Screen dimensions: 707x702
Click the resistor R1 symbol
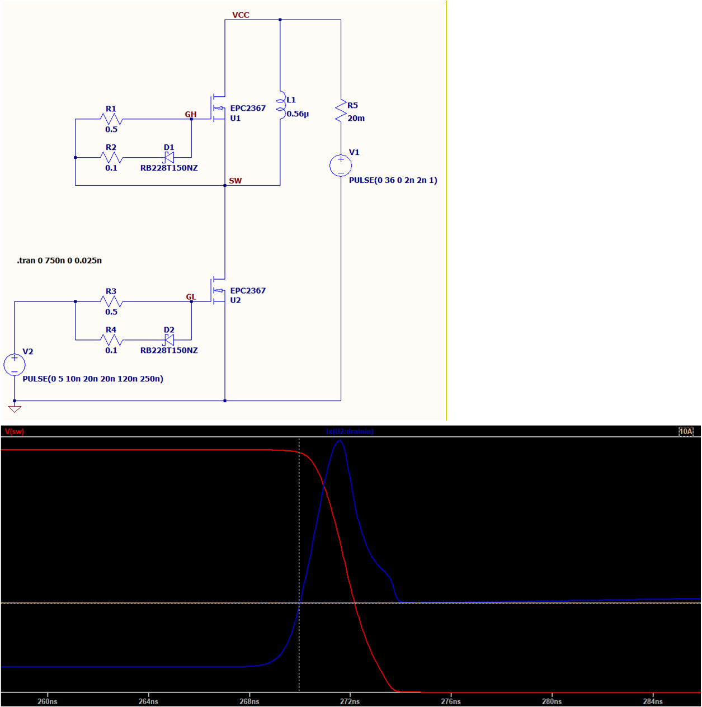pyautogui.click(x=111, y=119)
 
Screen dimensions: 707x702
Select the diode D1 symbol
pyautogui.click(x=168, y=158)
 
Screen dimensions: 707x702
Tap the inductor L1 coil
pyautogui.click(x=280, y=106)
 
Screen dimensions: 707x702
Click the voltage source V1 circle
pyautogui.click(x=341, y=166)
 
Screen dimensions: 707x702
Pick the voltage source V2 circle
pyautogui.click(x=15, y=365)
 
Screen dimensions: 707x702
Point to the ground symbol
pyautogui.click(x=15, y=409)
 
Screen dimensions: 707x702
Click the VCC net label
pyautogui.click(x=241, y=15)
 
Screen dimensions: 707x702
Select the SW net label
pyautogui.click(x=235, y=181)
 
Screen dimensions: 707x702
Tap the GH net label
pyautogui.click(x=191, y=114)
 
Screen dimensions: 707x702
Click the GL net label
pyautogui.click(x=191, y=297)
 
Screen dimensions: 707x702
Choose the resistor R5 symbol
pyautogui.click(x=341, y=111)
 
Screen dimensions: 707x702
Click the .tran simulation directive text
pyautogui.click(x=59, y=261)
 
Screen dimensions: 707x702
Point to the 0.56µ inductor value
pyautogui.click(x=298, y=114)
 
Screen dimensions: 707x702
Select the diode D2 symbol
pyautogui.click(x=168, y=340)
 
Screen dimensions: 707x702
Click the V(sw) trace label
pyautogui.click(x=15, y=431)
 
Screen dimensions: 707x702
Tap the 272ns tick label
pyautogui.click(x=350, y=701)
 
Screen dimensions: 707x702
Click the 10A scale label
pyautogui.click(x=686, y=431)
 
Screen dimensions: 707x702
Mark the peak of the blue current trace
pyautogui.click(x=340, y=441)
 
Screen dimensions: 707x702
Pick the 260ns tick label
pyautogui.click(x=48, y=701)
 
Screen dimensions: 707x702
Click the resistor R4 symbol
pyautogui.click(x=111, y=340)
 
